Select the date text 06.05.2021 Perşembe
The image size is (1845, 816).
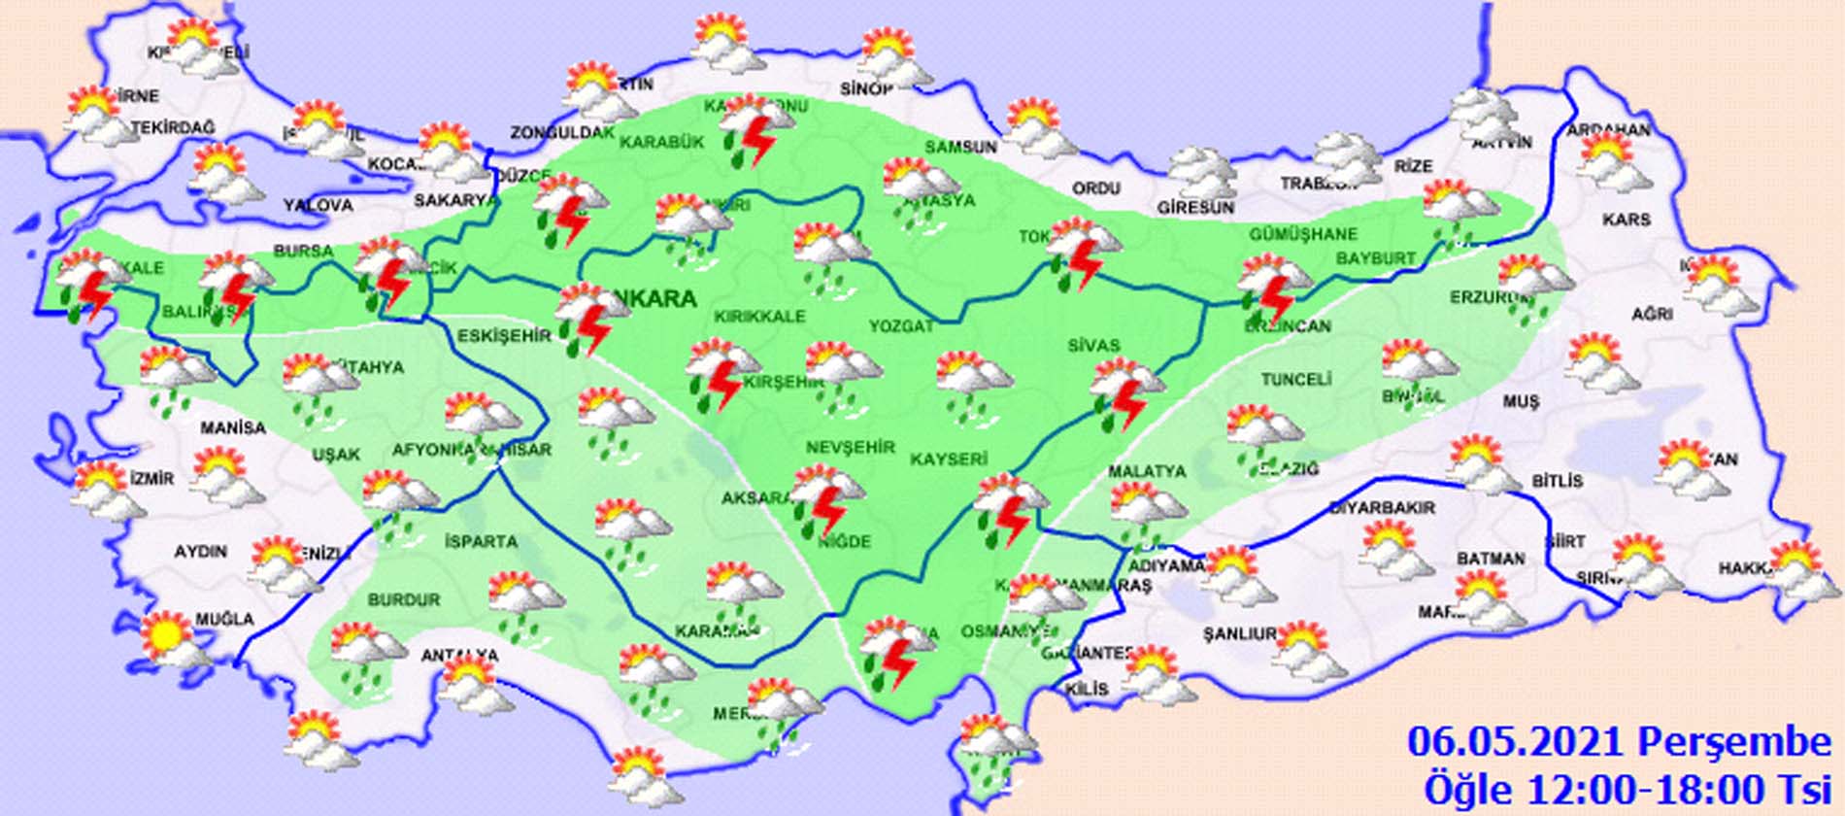(1619, 743)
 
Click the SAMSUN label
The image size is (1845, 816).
(960, 148)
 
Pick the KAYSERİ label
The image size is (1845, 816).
(949, 459)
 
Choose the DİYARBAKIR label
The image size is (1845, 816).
(1382, 508)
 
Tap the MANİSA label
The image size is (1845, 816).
(233, 427)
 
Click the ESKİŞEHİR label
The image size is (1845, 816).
(504, 336)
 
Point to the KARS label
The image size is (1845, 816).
(1627, 221)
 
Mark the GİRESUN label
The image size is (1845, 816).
(1195, 208)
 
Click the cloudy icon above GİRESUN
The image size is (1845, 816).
(1200, 171)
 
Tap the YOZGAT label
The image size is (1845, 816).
(900, 326)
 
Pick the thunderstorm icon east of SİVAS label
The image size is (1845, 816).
(1126, 393)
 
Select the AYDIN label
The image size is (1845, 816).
(201, 552)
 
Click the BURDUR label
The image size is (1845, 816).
(404, 600)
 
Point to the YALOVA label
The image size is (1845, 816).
(318, 206)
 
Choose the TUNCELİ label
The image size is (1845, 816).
(1295, 380)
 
